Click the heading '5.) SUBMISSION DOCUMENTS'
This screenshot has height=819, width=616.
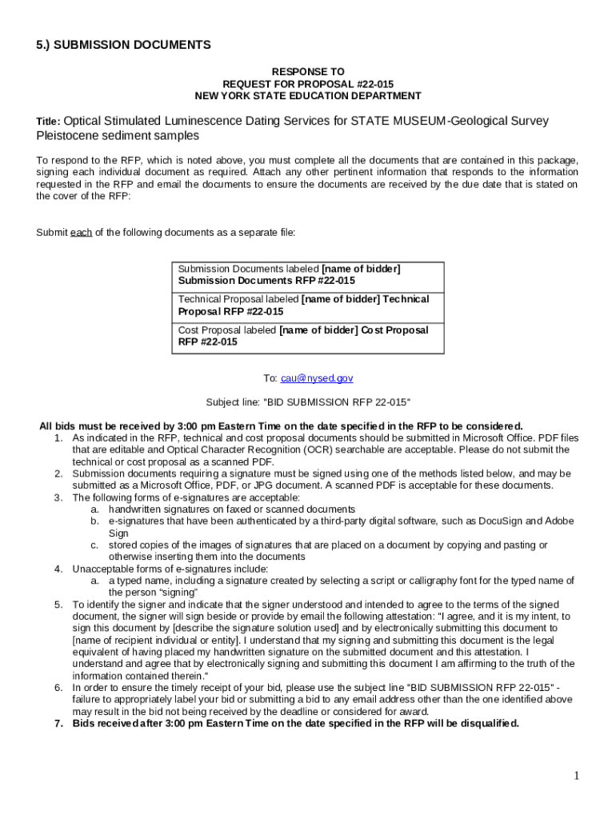click(123, 45)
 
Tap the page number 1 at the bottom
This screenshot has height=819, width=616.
click(576, 776)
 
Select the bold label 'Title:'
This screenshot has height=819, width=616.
click(48, 122)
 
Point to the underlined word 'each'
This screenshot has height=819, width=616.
click(81, 233)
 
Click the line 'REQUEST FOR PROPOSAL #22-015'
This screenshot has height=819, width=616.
click(308, 84)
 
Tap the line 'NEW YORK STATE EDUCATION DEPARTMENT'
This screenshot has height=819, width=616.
click(308, 96)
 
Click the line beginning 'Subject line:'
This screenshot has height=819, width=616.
click(308, 402)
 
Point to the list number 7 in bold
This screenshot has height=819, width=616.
click(58, 724)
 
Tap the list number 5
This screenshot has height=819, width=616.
click(58, 605)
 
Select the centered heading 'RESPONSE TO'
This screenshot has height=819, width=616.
click(308, 72)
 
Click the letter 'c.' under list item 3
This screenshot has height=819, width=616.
click(94, 545)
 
